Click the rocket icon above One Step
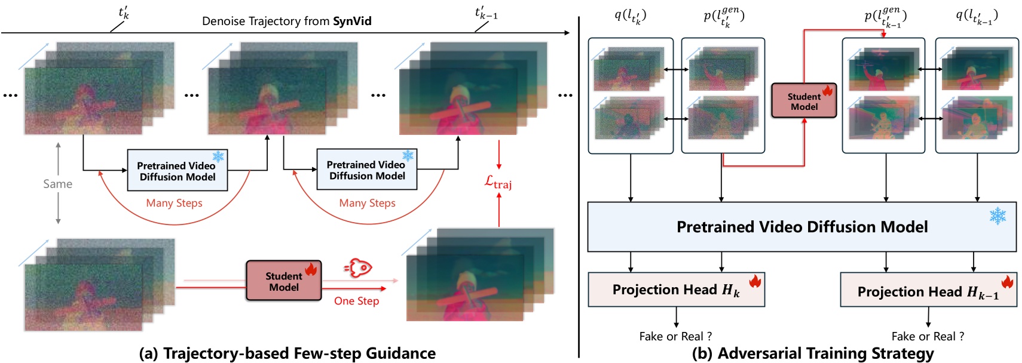pos(359,268)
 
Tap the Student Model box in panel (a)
pos(284,281)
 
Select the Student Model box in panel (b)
pos(804,101)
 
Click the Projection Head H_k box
pos(676,290)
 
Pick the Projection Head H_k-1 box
pos(928,291)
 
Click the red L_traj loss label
pos(498,182)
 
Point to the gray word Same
pos(57,184)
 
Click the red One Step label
pos(356,301)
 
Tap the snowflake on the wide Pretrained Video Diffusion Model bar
pos(997,216)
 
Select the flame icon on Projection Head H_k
pos(755,281)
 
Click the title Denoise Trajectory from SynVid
pos(286,21)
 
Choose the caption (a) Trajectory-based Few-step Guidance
pos(287,353)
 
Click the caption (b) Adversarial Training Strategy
pos(813,353)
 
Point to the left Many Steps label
pos(174,203)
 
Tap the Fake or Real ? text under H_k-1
pos(928,336)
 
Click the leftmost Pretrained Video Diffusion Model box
pos(177,171)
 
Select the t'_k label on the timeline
pos(124,13)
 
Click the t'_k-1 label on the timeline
pos(485,13)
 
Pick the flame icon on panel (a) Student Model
pos(311,269)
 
